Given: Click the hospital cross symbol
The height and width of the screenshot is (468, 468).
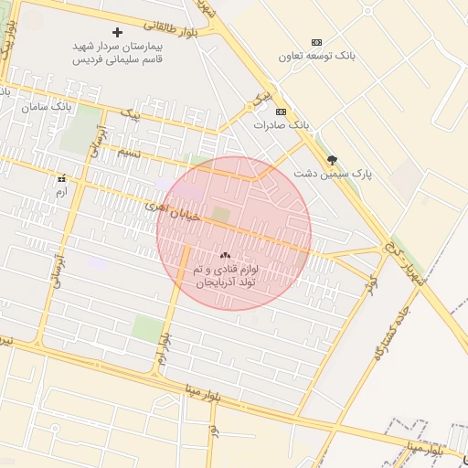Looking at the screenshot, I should click(x=117, y=32).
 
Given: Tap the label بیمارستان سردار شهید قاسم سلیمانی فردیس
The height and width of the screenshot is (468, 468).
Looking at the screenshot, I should click(x=117, y=51).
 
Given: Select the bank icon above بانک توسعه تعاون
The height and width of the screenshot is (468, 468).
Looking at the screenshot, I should click(x=317, y=42).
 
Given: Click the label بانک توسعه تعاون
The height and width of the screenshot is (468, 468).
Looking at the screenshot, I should click(x=317, y=56).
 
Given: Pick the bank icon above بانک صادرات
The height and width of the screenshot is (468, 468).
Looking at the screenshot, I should click(x=281, y=112).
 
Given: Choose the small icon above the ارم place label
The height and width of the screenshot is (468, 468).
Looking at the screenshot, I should click(x=62, y=178).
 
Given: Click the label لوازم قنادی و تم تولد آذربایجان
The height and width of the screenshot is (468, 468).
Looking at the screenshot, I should click(x=226, y=276).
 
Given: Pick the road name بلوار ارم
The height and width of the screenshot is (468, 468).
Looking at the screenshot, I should click(x=164, y=348).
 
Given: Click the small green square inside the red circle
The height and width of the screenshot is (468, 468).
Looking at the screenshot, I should click(x=220, y=214).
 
